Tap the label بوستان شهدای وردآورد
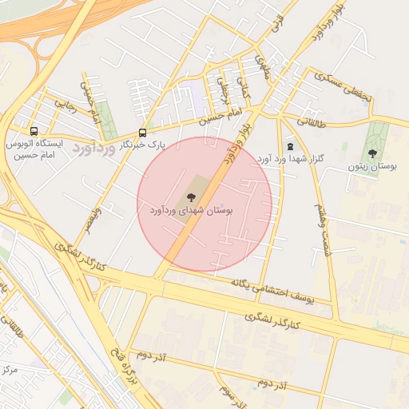point(190,210)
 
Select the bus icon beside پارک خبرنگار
point(143,133)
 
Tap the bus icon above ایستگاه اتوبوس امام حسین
point(34,131)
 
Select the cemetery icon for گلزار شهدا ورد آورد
point(289,146)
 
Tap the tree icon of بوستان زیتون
point(372,153)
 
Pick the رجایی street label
point(64,105)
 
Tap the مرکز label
point(10,370)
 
